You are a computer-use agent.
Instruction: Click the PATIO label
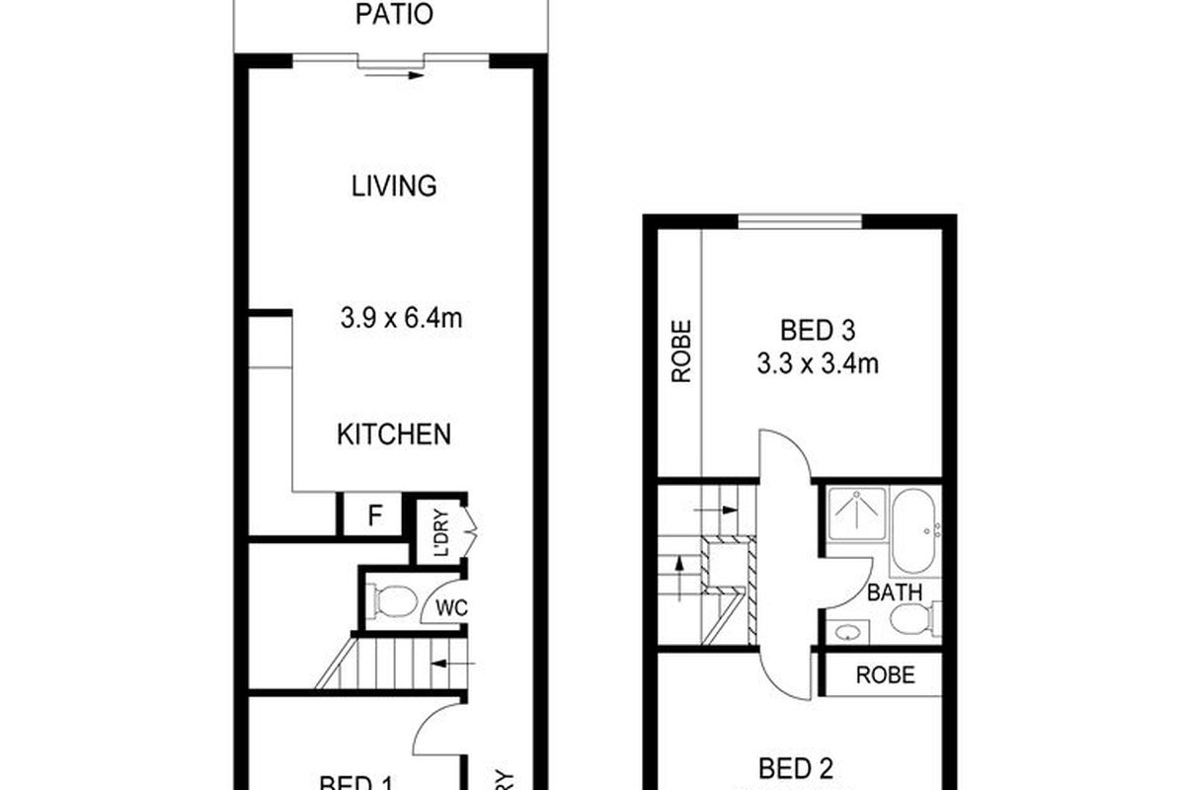click(393, 16)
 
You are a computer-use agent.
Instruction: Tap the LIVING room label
click(394, 186)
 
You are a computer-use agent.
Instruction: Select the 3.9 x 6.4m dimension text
click(402, 318)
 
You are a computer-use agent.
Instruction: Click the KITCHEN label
click(394, 434)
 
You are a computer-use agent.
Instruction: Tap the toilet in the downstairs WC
click(396, 600)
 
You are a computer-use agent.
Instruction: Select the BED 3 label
click(818, 329)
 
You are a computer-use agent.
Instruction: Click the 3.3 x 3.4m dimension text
click(818, 364)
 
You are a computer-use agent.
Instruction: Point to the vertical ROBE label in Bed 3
click(680, 351)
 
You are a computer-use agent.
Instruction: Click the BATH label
click(895, 592)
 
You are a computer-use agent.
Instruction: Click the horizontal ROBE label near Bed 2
click(885, 675)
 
